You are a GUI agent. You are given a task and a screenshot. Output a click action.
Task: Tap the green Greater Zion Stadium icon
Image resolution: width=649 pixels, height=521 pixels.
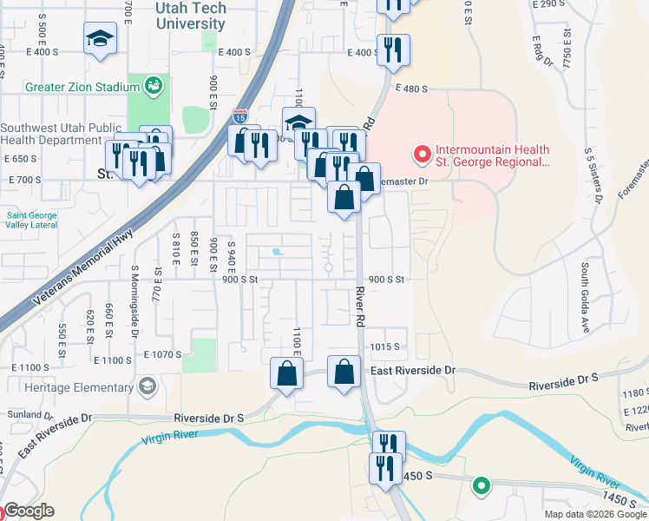(154, 86)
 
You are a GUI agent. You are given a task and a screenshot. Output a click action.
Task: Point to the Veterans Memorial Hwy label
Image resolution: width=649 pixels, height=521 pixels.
(83, 265)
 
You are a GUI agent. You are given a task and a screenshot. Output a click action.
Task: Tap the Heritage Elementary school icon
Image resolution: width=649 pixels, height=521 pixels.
(147, 385)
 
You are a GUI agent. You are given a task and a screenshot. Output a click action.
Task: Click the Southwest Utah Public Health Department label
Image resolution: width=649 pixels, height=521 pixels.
(61, 134)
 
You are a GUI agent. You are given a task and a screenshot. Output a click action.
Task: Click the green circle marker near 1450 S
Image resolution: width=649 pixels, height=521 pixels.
(482, 486)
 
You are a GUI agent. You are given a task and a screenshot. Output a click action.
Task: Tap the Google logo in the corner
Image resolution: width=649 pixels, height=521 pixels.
(28, 511)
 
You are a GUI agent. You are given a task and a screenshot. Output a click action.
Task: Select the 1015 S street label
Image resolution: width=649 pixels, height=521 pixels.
(383, 346)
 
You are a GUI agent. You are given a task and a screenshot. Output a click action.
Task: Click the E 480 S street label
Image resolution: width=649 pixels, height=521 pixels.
(413, 89)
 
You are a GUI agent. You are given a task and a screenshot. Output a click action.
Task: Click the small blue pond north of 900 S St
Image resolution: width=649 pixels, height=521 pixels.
(276, 253)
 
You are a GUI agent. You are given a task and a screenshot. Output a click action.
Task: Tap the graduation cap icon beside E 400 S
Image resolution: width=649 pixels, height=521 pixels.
(101, 38)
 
